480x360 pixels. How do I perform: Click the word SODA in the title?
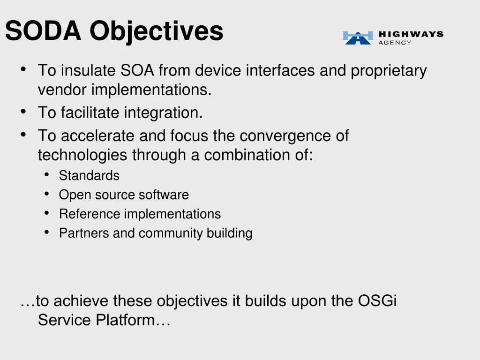point(43,30)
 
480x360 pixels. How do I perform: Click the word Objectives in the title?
point(157,32)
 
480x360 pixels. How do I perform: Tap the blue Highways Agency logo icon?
point(358,37)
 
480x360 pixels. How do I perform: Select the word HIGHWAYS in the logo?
point(411,34)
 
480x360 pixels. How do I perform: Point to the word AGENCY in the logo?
point(395,43)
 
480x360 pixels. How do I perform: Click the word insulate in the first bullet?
point(88,70)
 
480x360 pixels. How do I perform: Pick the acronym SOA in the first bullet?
point(137,70)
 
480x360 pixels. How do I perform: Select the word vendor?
point(62,90)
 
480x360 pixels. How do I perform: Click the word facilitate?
point(90,112)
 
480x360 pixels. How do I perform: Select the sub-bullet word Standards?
point(89,176)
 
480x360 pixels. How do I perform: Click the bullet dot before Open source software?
point(46,194)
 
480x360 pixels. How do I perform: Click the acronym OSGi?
point(377,300)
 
